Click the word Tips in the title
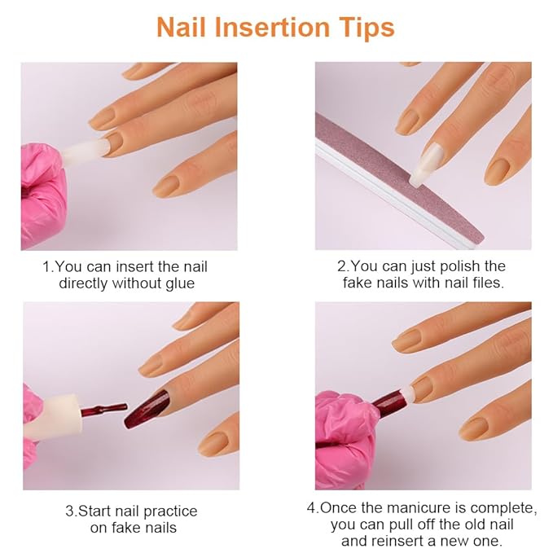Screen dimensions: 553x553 pos(365,27)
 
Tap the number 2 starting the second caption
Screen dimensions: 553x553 pos(342,266)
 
